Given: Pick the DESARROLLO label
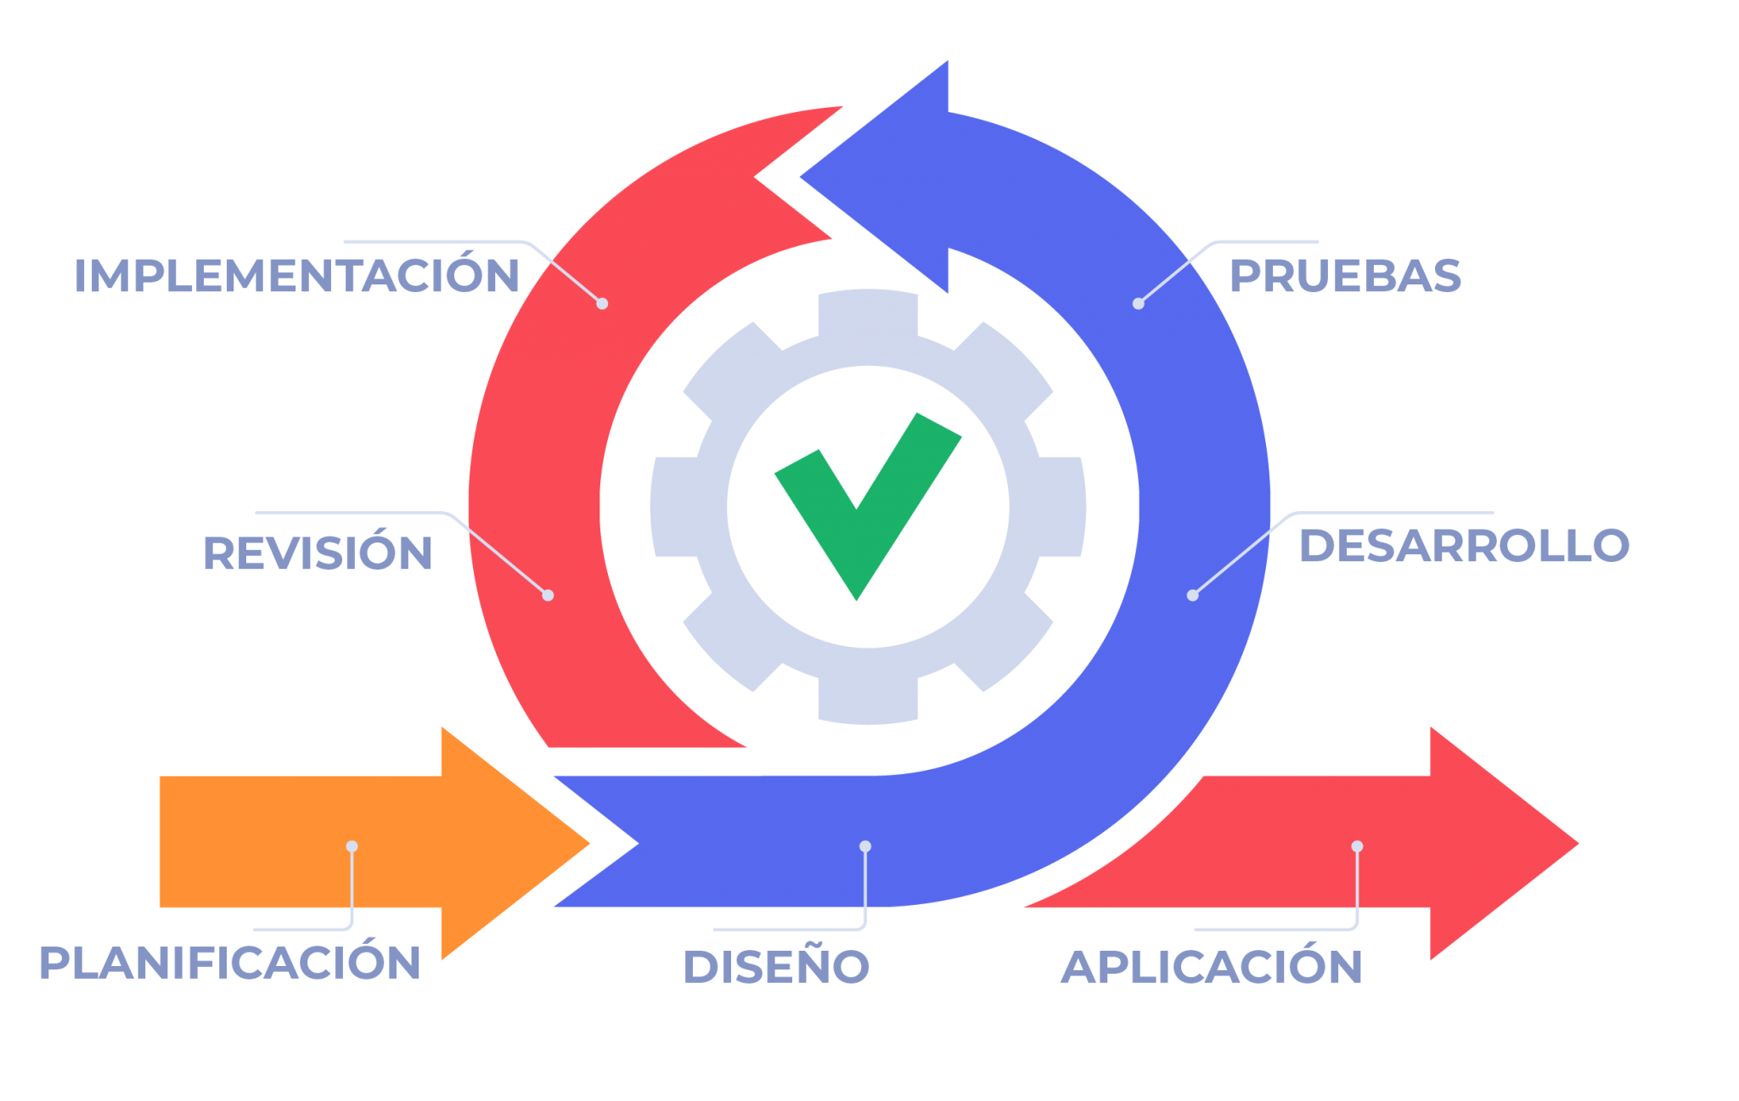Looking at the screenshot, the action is point(1465,545).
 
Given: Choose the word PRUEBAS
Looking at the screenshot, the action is point(1346,276).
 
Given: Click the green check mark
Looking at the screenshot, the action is point(868,507).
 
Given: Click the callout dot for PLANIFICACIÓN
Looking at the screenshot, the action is point(352,846).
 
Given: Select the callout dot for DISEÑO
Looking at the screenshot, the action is point(865,846).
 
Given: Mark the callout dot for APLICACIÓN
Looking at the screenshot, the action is point(1357,846).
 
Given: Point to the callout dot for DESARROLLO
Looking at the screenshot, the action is point(1192,596).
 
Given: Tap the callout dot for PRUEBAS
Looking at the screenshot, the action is point(1138,304).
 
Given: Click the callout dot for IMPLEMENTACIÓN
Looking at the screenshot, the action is point(602,304).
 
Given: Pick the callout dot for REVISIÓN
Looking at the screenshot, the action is point(548,596).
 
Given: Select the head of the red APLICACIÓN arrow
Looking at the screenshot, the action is point(1504,844).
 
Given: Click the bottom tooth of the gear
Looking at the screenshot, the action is point(868,699).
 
